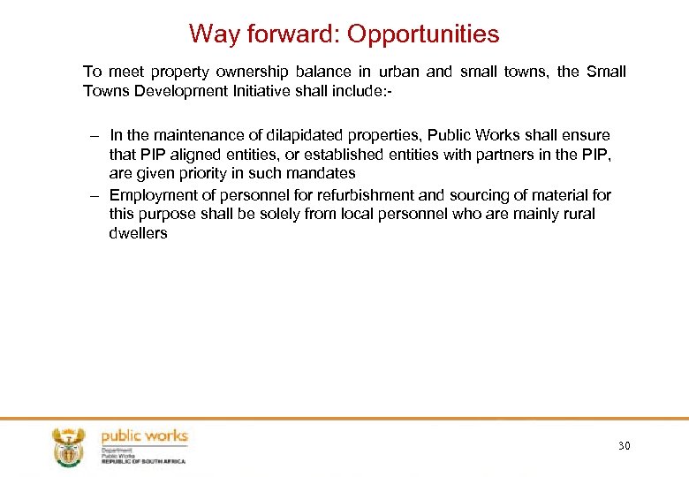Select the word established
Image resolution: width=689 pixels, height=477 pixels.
(342, 155)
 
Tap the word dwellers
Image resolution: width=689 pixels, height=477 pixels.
(138, 234)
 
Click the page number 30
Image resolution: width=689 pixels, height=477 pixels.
(625, 446)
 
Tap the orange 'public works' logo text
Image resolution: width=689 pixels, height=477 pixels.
(145, 436)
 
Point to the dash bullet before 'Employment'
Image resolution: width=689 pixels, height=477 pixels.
(95, 194)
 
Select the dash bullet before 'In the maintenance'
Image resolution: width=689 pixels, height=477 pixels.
(95, 135)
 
